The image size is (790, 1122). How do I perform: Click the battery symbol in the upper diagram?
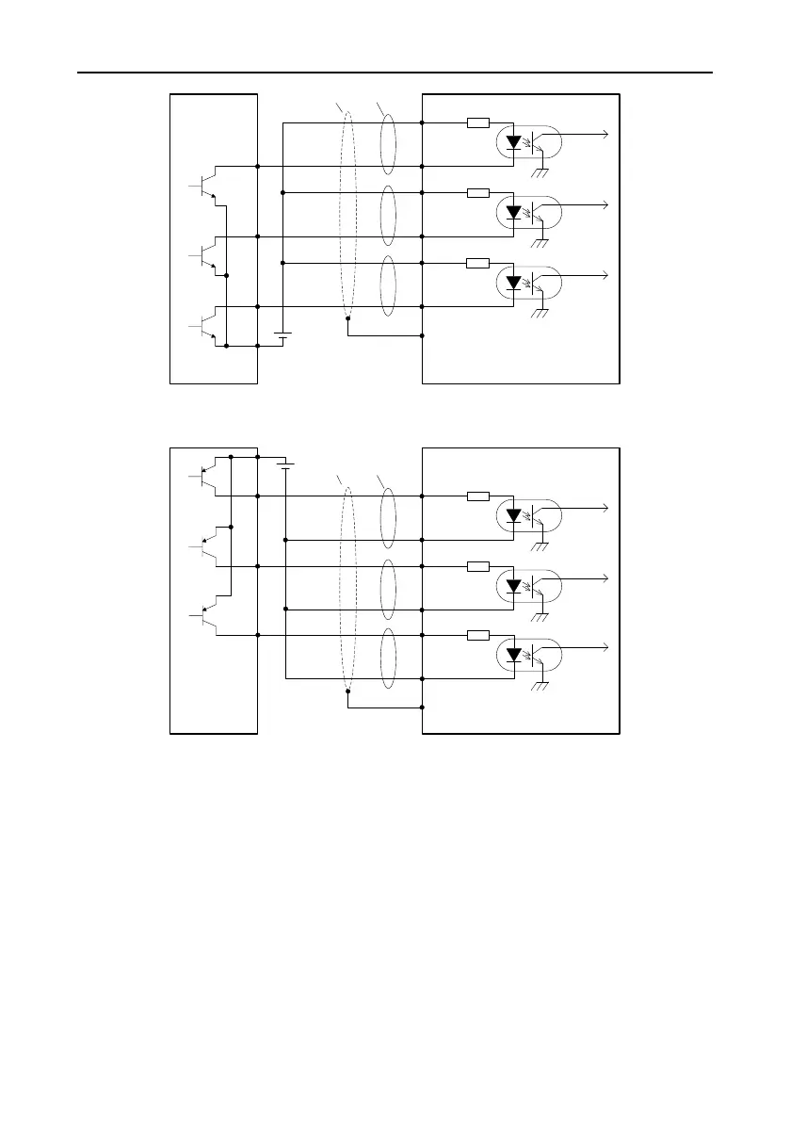point(282,335)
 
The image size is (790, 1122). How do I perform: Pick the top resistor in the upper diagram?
point(477,122)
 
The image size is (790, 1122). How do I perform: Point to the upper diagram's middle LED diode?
point(513,212)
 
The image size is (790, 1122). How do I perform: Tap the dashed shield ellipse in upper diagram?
point(347,217)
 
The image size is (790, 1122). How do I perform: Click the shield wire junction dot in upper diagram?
point(347,318)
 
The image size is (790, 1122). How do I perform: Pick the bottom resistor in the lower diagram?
point(477,635)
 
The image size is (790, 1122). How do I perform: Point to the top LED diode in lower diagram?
point(513,515)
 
